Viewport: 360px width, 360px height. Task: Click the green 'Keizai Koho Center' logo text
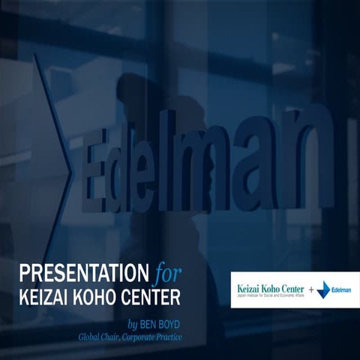(x=270, y=286)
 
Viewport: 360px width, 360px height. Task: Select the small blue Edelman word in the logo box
(x=341, y=289)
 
